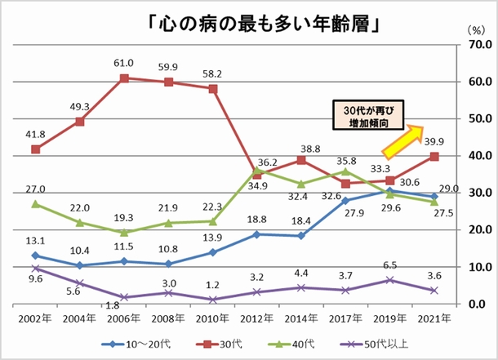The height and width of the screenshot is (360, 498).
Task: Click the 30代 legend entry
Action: (x=231, y=344)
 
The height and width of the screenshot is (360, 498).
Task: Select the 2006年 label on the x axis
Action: (x=123, y=317)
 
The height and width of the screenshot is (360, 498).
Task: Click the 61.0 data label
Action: (x=123, y=63)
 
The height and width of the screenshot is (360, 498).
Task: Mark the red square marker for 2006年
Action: (x=124, y=78)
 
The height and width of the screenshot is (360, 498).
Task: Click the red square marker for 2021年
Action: (x=434, y=156)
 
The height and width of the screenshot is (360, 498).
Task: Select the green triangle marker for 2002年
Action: (x=35, y=203)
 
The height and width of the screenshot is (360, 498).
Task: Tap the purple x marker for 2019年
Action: (x=390, y=280)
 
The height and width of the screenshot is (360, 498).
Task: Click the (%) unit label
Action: (x=475, y=29)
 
